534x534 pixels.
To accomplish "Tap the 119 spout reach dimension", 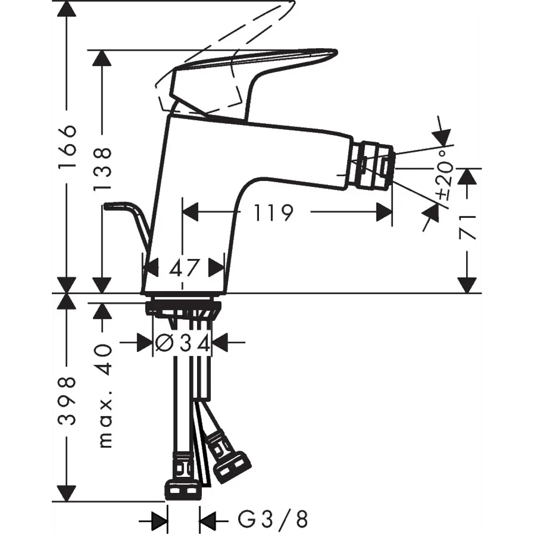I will tap(273, 213).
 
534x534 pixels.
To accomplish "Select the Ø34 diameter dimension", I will tap(183, 342).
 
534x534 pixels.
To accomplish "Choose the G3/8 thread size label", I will tap(272, 519).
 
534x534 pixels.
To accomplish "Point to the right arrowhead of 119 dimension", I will tap(384, 213).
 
